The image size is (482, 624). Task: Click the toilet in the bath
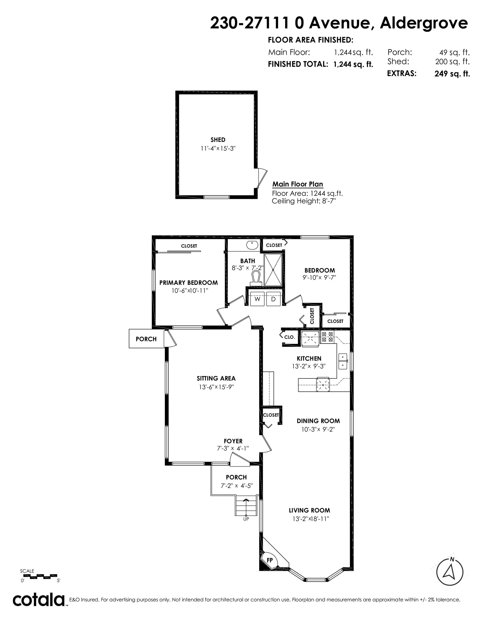[256, 279]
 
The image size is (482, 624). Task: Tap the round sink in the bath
[252, 245]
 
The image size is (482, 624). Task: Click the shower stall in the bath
[273, 269]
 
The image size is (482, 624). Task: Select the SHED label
[218, 140]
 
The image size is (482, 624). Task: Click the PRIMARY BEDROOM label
[188, 282]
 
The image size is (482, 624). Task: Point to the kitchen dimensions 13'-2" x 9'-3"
[309, 366]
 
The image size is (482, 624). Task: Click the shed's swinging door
[261, 178]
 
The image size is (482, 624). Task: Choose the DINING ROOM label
[318, 421]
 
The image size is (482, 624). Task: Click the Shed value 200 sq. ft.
[452, 61]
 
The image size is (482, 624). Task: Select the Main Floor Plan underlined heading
[298, 184]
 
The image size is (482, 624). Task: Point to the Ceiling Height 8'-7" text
[304, 201]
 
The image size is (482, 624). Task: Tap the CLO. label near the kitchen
[289, 337]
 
